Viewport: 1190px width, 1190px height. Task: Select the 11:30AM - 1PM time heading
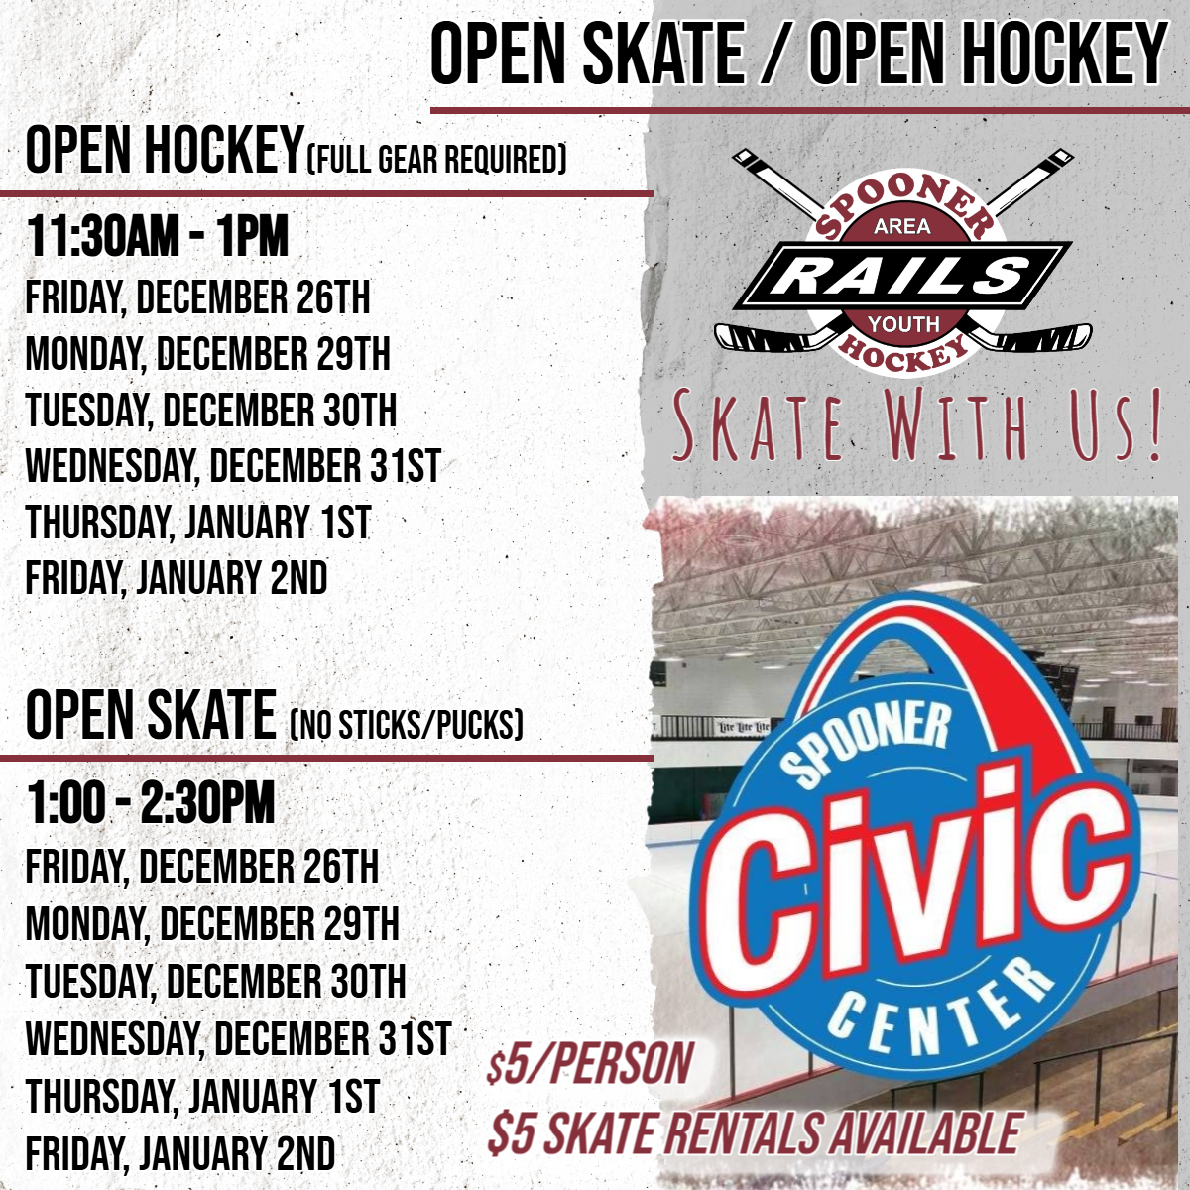click(157, 237)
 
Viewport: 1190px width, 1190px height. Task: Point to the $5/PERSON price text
click(589, 1063)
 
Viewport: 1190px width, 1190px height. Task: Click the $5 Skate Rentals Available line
click(754, 1133)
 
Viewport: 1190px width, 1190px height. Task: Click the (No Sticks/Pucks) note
click(407, 724)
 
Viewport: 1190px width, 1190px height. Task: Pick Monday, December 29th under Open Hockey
click(208, 354)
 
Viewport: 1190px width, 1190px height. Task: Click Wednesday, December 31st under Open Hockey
click(233, 465)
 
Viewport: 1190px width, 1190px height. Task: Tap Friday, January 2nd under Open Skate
click(180, 1152)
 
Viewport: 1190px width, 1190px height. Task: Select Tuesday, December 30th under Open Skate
click(216, 981)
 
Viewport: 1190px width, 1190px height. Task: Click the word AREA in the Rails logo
click(902, 227)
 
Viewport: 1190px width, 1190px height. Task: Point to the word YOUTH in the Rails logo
click(903, 323)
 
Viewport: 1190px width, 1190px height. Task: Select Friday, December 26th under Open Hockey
click(197, 298)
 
